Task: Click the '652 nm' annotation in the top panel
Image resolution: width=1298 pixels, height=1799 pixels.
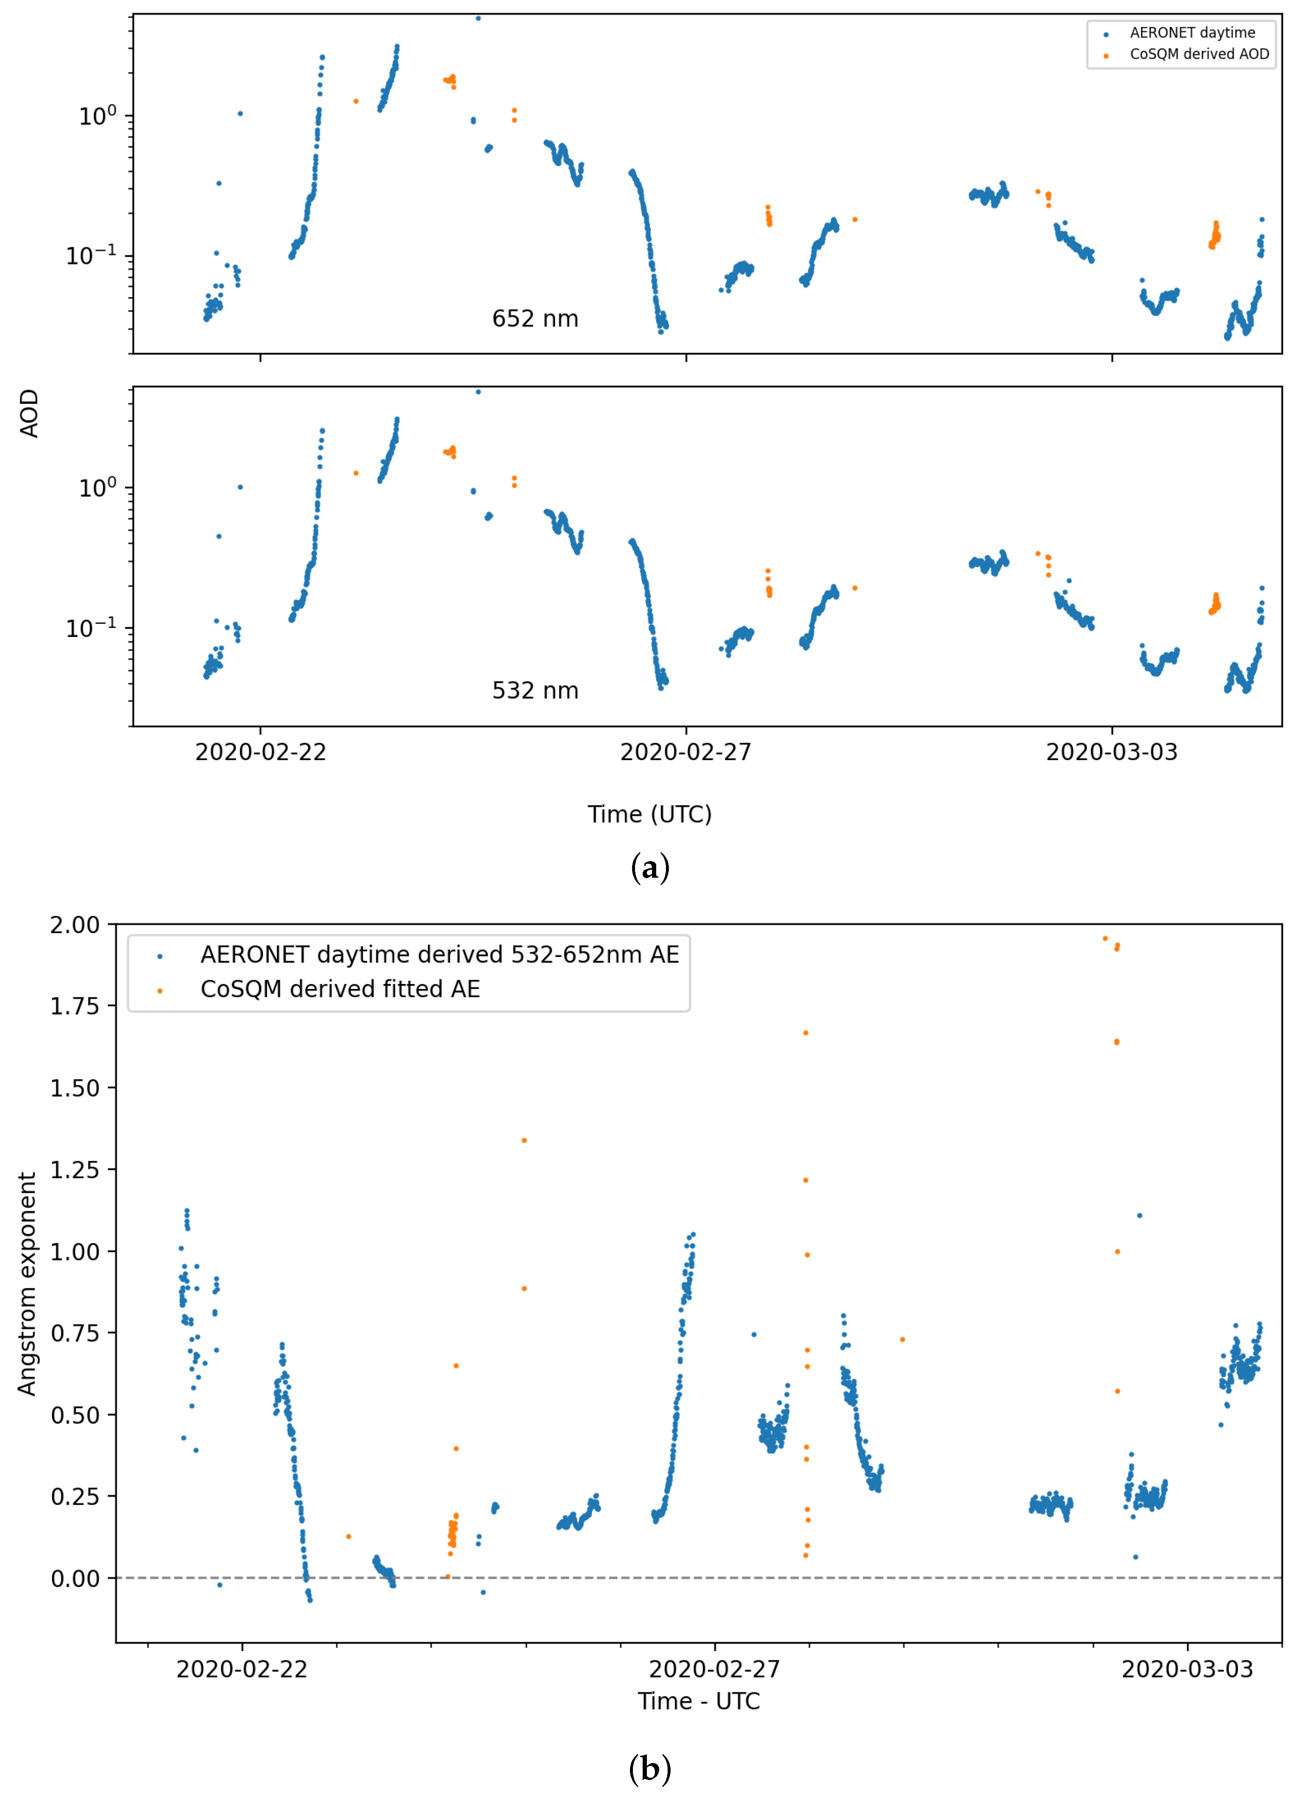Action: pyautogui.click(x=535, y=319)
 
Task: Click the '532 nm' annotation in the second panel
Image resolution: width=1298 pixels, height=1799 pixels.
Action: pyautogui.click(x=535, y=691)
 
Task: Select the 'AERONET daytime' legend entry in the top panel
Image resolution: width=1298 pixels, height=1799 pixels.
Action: pyautogui.click(x=1192, y=33)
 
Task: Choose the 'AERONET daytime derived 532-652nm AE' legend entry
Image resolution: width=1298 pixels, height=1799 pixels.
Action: pyautogui.click(x=439, y=954)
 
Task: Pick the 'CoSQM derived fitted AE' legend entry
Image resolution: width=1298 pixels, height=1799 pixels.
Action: pyautogui.click(x=340, y=989)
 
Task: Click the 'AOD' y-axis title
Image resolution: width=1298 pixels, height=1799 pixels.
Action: pyautogui.click(x=29, y=413)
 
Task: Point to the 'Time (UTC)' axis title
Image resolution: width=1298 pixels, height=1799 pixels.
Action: pyautogui.click(x=649, y=815)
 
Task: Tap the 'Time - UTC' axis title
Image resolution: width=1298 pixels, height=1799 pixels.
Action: pyautogui.click(x=698, y=1701)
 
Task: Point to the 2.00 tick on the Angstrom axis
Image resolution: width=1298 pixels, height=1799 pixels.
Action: pyautogui.click(x=75, y=925)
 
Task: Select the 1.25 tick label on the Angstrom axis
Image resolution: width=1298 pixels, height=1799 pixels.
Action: pyautogui.click(x=75, y=1170)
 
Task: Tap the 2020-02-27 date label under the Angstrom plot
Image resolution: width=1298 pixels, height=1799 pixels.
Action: pyautogui.click(x=715, y=1669)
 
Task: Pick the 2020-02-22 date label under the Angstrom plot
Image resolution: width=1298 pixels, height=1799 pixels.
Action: pyautogui.click(x=242, y=1669)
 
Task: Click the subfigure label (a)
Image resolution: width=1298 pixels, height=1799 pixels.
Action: pyautogui.click(x=649, y=868)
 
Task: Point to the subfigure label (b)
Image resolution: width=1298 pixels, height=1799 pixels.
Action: pyautogui.click(x=649, y=1769)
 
